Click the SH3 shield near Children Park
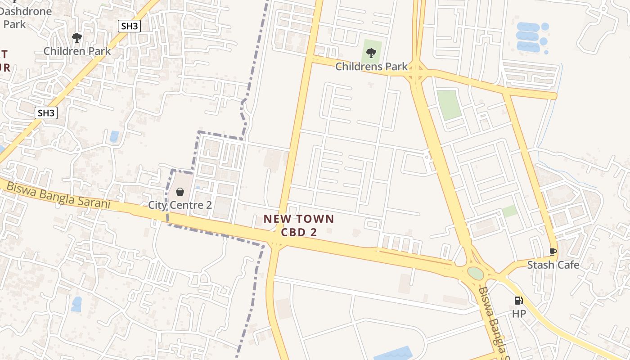(x=130, y=26)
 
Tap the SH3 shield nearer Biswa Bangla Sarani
(x=46, y=113)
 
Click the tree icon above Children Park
(x=77, y=38)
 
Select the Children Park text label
(x=77, y=51)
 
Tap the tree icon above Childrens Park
(x=371, y=54)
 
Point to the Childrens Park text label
(x=372, y=67)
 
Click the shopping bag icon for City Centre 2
(x=180, y=192)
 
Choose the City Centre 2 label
(x=180, y=205)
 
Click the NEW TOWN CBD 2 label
(x=299, y=225)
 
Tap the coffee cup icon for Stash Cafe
(x=553, y=252)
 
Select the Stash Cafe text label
(x=553, y=265)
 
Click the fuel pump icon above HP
(x=518, y=301)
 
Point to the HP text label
(x=518, y=314)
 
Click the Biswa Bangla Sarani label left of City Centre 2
(x=58, y=195)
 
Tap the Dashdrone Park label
(x=26, y=17)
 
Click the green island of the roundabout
(x=475, y=273)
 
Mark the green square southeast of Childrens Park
(x=449, y=105)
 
